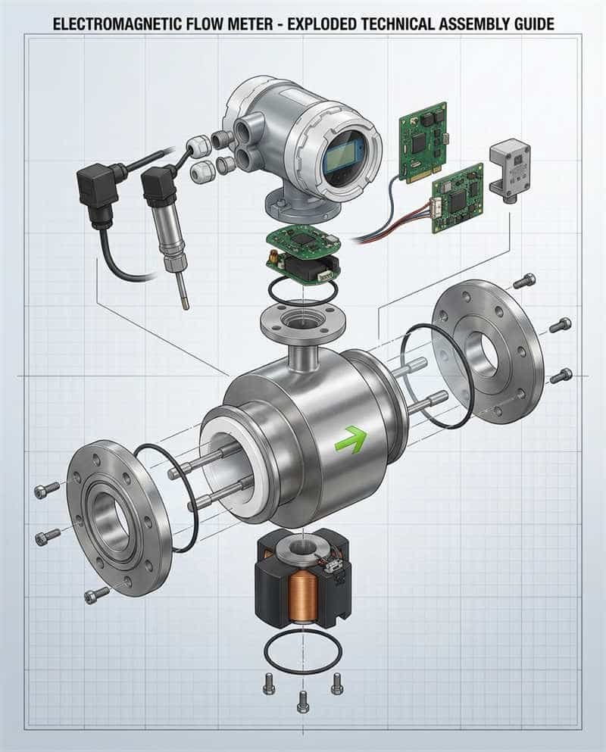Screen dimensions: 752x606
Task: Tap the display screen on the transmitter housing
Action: (345, 152)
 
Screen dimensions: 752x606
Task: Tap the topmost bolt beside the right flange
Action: (524, 282)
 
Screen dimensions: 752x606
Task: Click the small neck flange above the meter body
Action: (302, 322)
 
